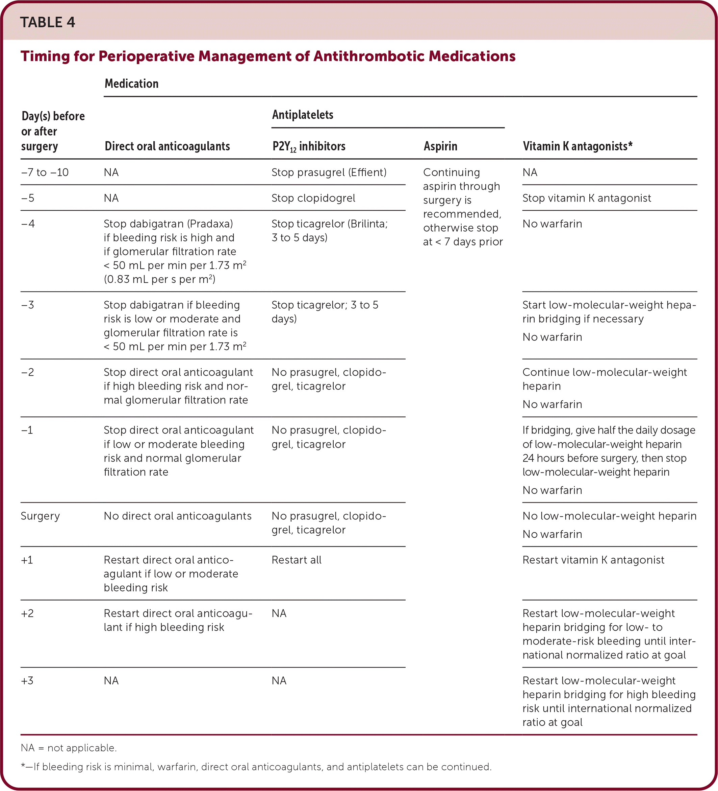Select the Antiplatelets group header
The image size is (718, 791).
click(303, 115)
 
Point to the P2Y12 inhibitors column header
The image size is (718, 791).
click(309, 146)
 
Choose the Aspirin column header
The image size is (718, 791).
click(440, 146)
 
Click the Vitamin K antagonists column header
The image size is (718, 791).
click(577, 146)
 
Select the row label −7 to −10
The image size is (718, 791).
click(45, 172)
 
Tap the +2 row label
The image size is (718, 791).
click(27, 613)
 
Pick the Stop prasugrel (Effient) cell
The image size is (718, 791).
click(329, 172)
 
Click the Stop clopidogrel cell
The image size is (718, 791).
click(313, 198)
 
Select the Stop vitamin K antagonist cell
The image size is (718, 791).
click(586, 198)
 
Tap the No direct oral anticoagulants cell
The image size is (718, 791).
click(177, 516)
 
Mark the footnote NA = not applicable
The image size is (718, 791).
click(69, 747)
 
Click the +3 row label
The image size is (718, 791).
click(27, 680)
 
